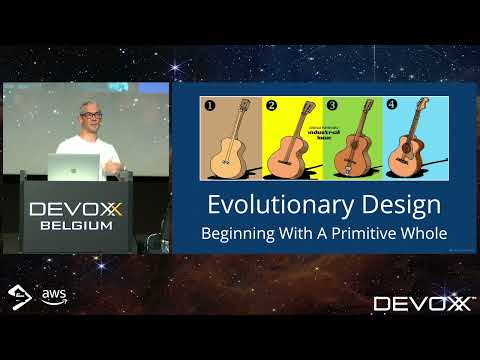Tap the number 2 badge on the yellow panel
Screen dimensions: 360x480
tap(270, 104)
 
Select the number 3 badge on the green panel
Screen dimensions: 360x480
tap(333, 104)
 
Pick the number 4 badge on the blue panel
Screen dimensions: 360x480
tap(391, 103)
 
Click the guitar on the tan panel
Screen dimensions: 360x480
tap(232, 139)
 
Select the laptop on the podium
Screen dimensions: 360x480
tap(76, 165)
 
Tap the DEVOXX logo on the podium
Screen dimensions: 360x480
tap(77, 209)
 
